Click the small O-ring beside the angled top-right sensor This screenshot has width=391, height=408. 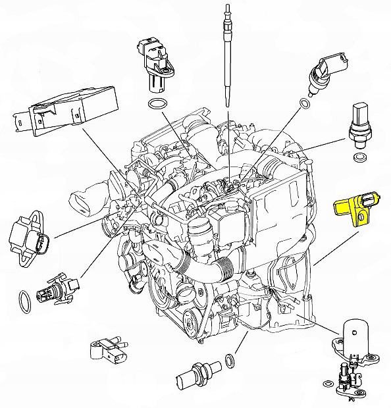(x=303, y=103)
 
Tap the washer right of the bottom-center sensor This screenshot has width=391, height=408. (x=230, y=361)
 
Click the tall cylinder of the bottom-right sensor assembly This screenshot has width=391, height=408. (x=354, y=338)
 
